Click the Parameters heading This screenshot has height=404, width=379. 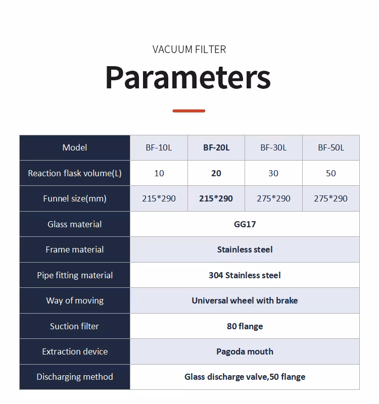click(x=188, y=77)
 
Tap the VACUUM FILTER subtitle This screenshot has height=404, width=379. click(x=189, y=49)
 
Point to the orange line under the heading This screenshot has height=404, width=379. click(x=188, y=111)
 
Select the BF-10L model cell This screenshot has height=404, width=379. click(x=159, y=147)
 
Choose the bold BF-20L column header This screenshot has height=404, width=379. click(x=216, y=147)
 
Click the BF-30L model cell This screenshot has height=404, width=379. click(x=273, y=147)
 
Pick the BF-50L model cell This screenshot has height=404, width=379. click(x=331, y=147)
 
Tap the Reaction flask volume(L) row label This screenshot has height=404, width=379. click(x=75, y=173)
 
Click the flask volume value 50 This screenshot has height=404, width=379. click(x=331, y=173)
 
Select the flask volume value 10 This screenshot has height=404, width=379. click(x=159, y=173)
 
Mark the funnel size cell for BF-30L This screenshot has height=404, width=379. click(x=273, y=198)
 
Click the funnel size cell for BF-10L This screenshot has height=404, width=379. click(x=159, y=198)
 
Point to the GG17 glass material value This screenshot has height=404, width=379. click(x=245, y=224)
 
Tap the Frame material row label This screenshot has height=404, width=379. click(x=75, y=249)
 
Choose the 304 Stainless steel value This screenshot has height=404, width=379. click(x=245, y=275)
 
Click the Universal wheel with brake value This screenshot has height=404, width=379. click(x=245, y=300)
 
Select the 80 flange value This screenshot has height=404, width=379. click(x=245, y=326)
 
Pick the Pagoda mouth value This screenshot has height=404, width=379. click(x=245, y=351)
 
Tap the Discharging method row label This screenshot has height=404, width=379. click(x=75, y=377)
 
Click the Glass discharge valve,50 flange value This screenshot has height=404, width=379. click(x=245, y=377)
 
